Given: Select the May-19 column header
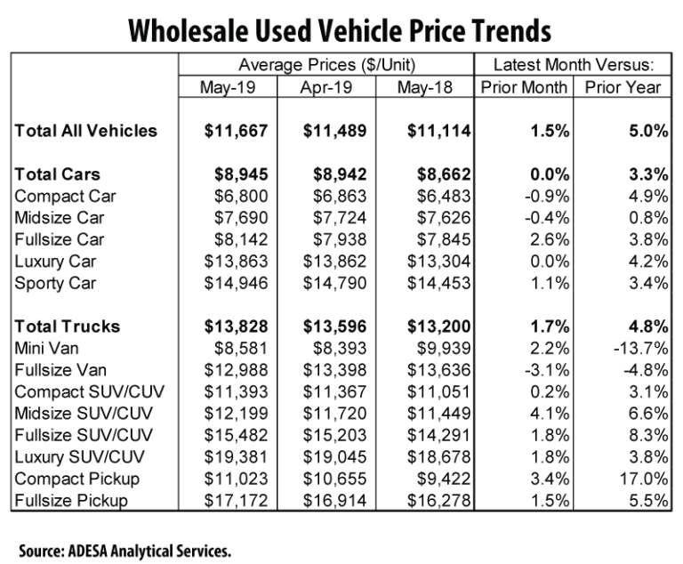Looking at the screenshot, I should click(227, 88).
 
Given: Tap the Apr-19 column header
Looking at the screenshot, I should click(326, 88).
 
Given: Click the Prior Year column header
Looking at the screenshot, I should click(623, 88).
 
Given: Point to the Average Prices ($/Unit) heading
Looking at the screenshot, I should click(326, 65).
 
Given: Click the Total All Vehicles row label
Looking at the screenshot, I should click(85, 131).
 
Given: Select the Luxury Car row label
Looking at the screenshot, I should click(56, 262).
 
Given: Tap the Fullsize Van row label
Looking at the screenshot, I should click(60, 371).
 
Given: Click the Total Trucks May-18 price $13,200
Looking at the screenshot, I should click(438, 327).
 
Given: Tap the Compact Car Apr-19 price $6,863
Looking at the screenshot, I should click(339, 196).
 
